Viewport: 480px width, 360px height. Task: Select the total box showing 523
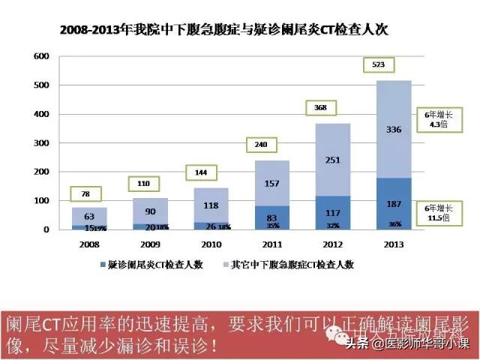[x=378, y=65]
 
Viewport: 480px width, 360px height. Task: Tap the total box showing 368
[x=320, y=108]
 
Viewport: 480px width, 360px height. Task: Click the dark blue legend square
[x=102, y=265]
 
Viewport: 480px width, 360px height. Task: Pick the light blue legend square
[x=226, y=265]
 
